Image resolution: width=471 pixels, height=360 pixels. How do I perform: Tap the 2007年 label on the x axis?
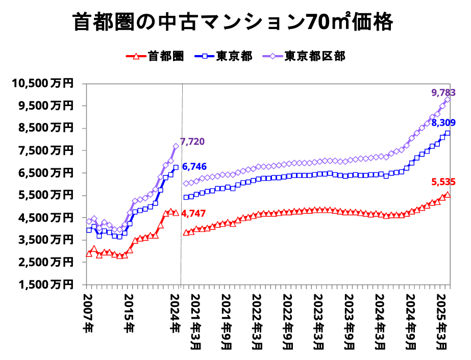(x=88, y=311)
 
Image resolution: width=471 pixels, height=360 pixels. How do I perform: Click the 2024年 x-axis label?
(x=175, y=311)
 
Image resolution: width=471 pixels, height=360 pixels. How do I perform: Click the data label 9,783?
(x=443, y=93)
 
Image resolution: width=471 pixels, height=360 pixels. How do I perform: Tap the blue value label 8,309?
(x=443, y=123)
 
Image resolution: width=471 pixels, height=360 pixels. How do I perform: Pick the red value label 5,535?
(x=443, y=182)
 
